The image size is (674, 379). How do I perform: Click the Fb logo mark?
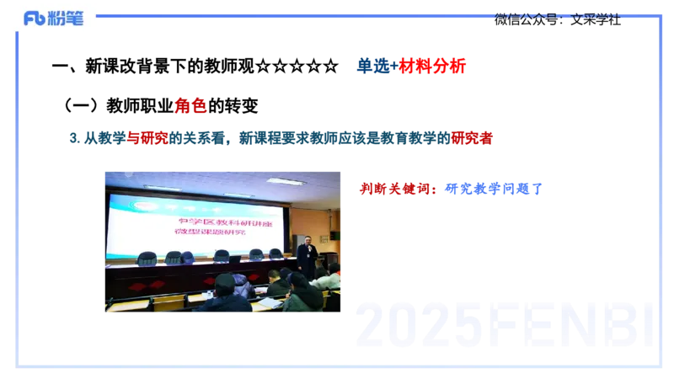coord(34,19)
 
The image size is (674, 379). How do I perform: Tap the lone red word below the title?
coord(190,106)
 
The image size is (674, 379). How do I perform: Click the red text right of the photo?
coord(398,189)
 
